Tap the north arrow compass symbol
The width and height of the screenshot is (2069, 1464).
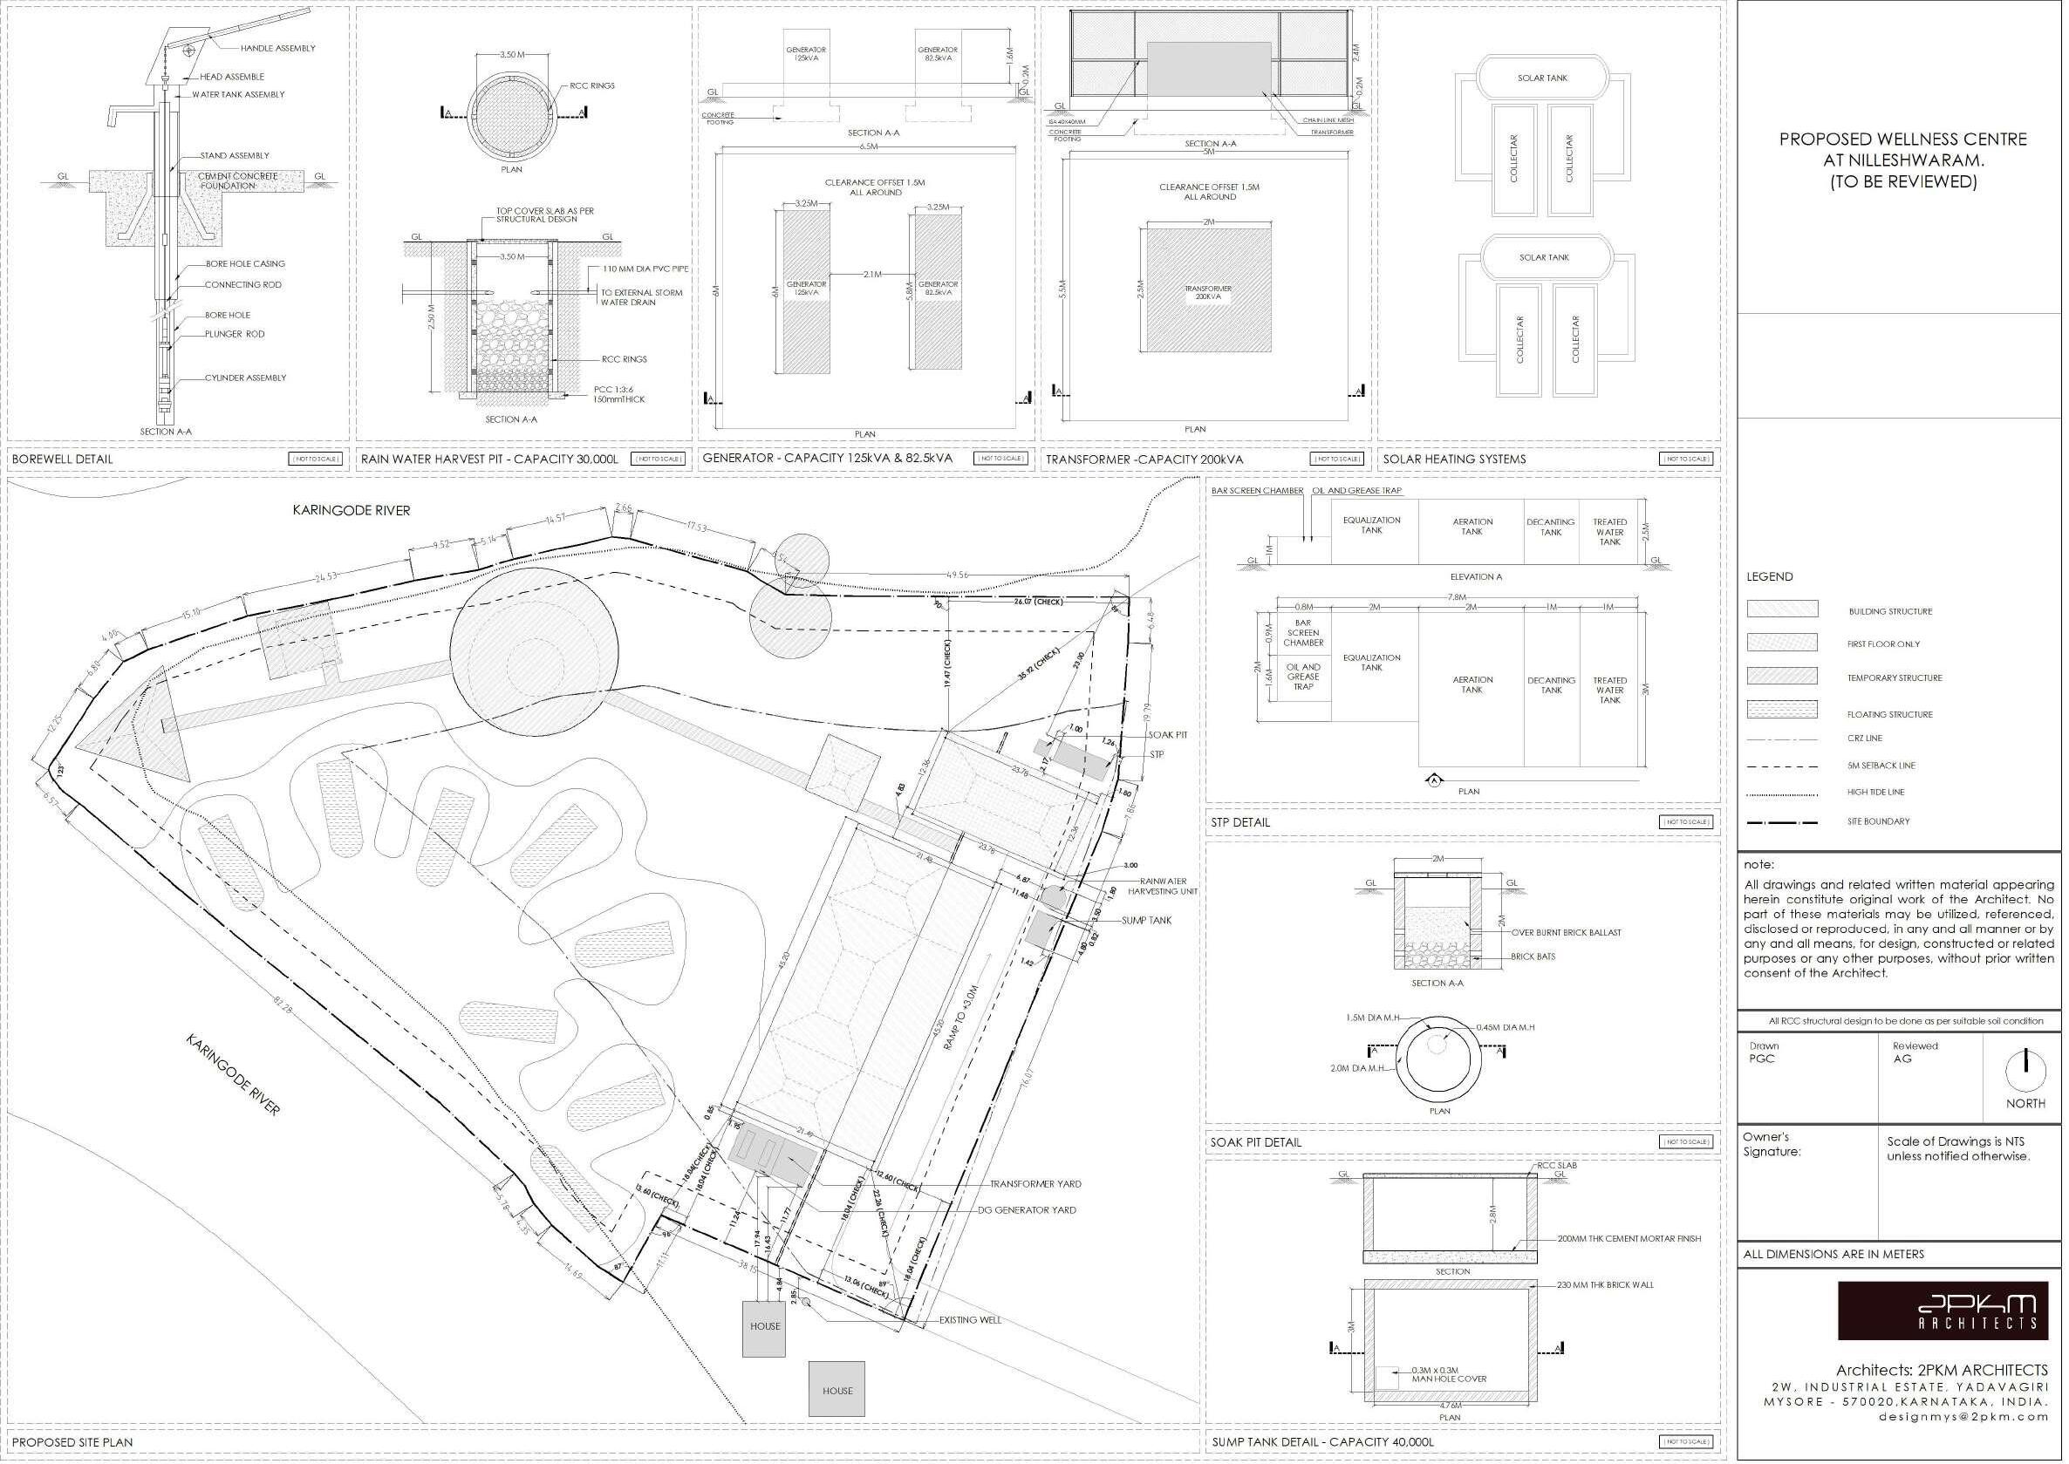2025,1070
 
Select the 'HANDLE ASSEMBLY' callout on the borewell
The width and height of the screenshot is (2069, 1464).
277,49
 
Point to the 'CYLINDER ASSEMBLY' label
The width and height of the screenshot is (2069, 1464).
245,378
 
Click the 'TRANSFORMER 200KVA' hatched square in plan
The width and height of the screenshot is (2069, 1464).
1208,290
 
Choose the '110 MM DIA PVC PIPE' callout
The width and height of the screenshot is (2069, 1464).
645,269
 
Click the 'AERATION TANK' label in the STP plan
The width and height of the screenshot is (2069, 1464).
1472,685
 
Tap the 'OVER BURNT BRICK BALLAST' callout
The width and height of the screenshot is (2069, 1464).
1566,933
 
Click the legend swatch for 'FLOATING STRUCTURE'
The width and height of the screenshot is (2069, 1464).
1781,710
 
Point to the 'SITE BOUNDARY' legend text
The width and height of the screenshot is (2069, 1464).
1878,822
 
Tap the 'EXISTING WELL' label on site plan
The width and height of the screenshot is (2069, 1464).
970,1320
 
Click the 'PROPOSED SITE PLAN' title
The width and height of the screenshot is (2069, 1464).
72,1442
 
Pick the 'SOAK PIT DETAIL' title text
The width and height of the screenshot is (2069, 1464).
1256,1143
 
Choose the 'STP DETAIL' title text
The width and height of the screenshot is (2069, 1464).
1239,822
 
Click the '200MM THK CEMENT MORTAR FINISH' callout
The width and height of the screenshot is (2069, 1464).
1629,1239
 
